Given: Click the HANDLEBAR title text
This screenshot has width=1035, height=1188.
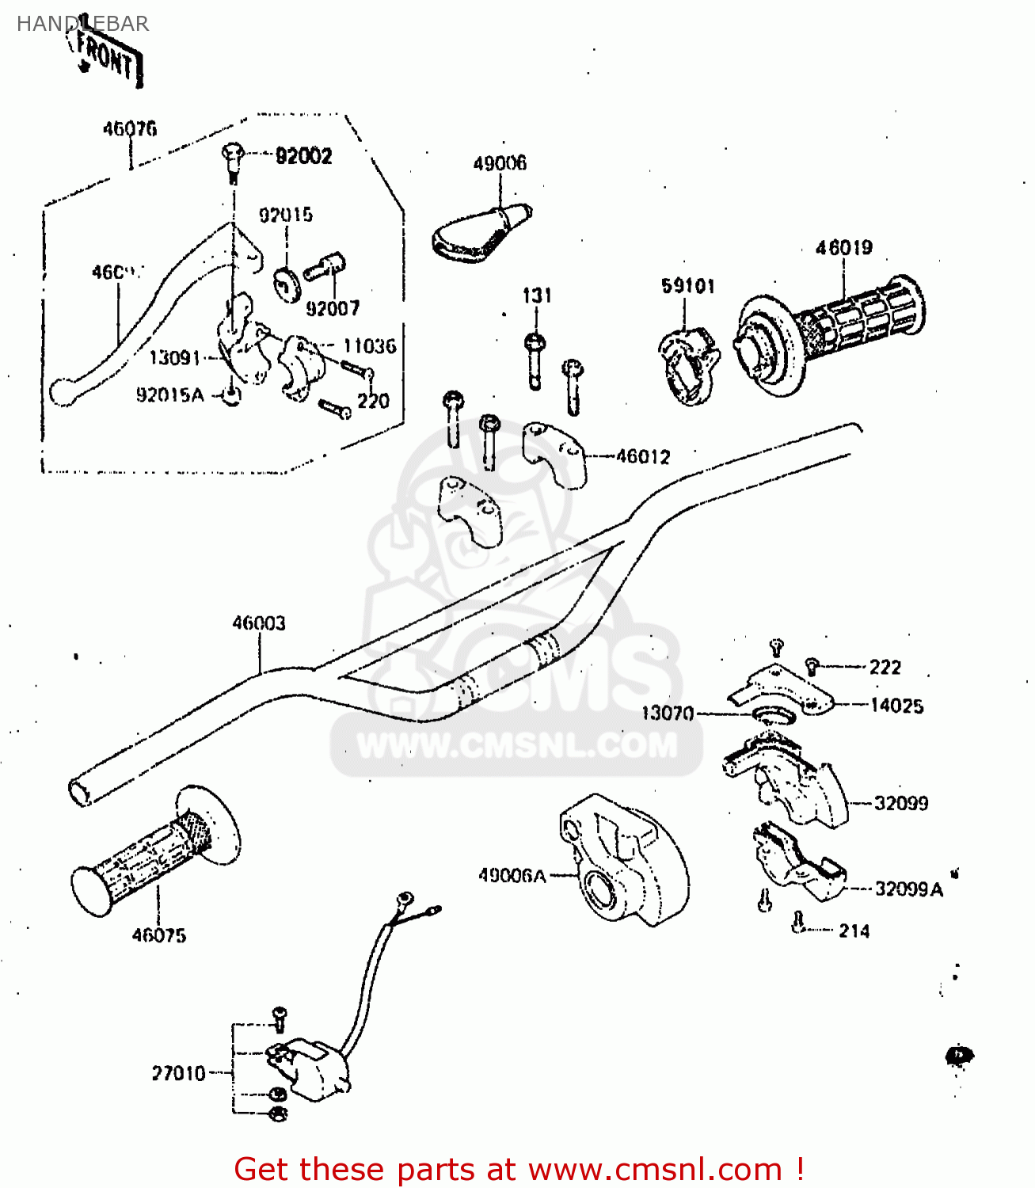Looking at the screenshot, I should click(82, 24).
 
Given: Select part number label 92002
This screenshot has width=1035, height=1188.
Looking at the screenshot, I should click(303, 156).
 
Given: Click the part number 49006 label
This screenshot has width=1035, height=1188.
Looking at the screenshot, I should click(500, 163).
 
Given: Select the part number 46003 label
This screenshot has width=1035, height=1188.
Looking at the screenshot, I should click(259, 623).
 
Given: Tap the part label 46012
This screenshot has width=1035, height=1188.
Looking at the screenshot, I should click(643, 457).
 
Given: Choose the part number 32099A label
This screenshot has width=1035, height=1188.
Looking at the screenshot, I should click(909, 889).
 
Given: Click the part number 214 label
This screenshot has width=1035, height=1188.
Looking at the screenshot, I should click(854, 931).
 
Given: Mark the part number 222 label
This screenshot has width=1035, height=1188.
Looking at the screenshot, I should click(885, 668).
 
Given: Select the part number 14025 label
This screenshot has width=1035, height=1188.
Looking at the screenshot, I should click(896, 706).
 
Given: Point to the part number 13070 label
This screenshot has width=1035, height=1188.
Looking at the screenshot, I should click(667, 714).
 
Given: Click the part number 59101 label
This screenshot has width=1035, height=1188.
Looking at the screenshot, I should click(688, 286).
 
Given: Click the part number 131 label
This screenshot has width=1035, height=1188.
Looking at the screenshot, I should click(537, 295).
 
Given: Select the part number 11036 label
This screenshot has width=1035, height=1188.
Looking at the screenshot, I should click(369, 346).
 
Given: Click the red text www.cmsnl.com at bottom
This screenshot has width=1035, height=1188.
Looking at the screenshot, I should click(655, 1169).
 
